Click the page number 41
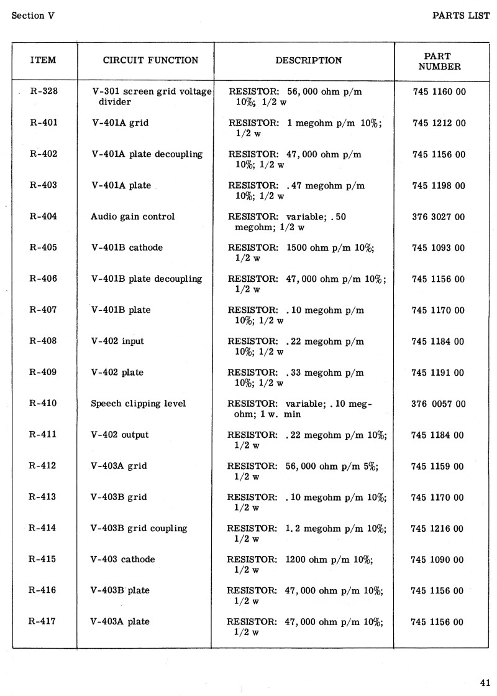tap(485, 680)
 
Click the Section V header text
tap(33, 16)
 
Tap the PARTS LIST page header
tap(461, 16)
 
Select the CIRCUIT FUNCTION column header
tap(150, 60)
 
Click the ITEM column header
tap(43, 60)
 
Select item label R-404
tap(43, 216)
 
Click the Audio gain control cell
tap(133, 216)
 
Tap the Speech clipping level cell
tap(138, 403)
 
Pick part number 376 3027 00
tap(438, 216)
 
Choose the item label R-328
tap(43, 92)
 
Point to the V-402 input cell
tap(117, 341)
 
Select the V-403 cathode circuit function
tap(123, 559)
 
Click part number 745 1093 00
tap(438, 248)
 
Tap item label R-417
tap(43, 621)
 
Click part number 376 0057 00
tap(438, 403)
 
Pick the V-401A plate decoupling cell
tap(147, 154)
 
